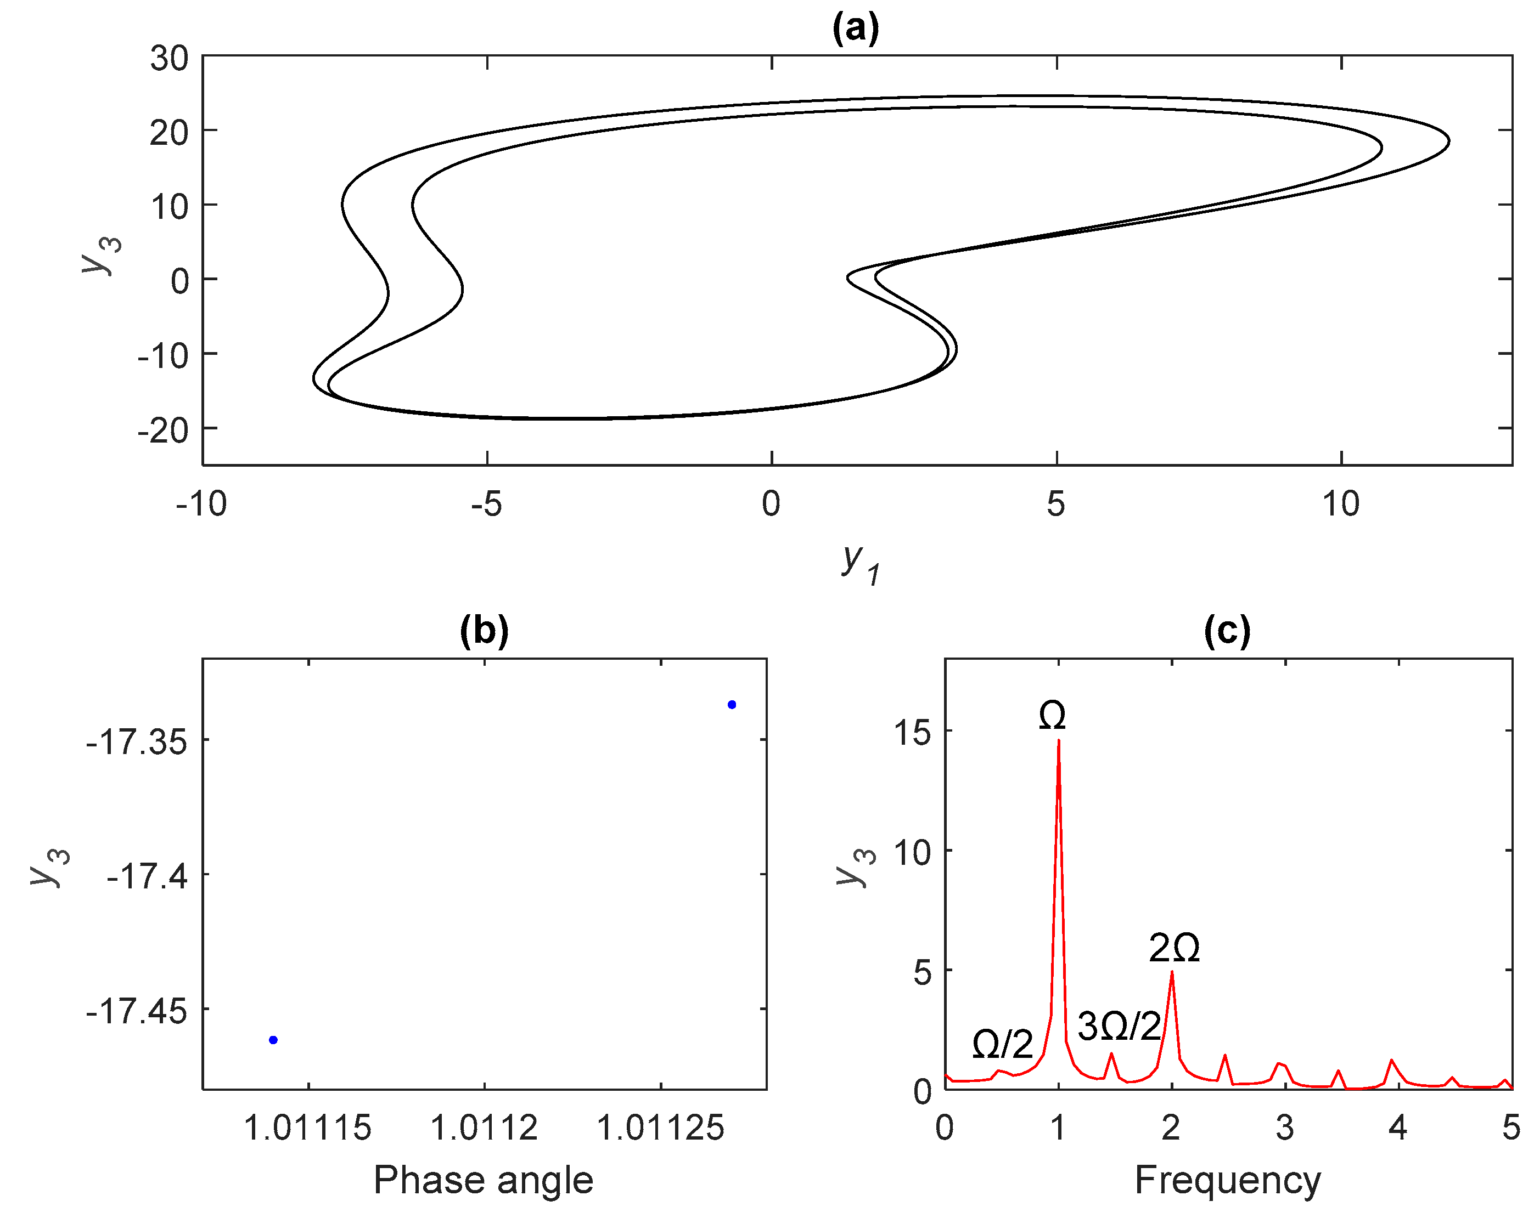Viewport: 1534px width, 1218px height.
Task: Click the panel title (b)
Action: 484,630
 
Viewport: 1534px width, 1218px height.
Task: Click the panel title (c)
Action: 1227,630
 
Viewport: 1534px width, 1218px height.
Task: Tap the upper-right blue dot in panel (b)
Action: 732,705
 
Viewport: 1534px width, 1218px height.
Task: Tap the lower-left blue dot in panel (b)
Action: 273,1040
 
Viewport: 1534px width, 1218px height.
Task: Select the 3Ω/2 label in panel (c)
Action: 1119,1026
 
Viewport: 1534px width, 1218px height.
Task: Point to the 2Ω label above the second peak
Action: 1175,948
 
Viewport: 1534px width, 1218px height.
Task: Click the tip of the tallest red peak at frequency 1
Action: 1059,741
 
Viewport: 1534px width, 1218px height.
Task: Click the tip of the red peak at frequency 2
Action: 1172,972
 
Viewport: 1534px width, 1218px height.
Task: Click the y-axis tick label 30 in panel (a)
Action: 170,58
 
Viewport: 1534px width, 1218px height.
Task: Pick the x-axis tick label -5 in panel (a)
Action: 487,504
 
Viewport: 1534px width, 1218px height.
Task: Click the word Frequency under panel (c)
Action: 1227,1180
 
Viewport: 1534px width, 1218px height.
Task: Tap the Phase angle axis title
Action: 484,1180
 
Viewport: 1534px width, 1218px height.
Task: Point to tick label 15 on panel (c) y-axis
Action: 912,732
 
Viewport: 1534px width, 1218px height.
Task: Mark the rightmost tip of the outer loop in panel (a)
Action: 1449,141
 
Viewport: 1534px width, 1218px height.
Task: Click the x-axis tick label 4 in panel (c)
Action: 1398,1128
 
